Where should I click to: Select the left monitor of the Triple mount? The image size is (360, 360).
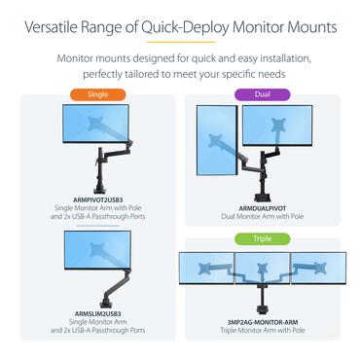[206, 268]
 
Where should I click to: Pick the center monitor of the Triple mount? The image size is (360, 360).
[262, 268]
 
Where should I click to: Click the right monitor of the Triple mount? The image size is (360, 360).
[318, 268]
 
